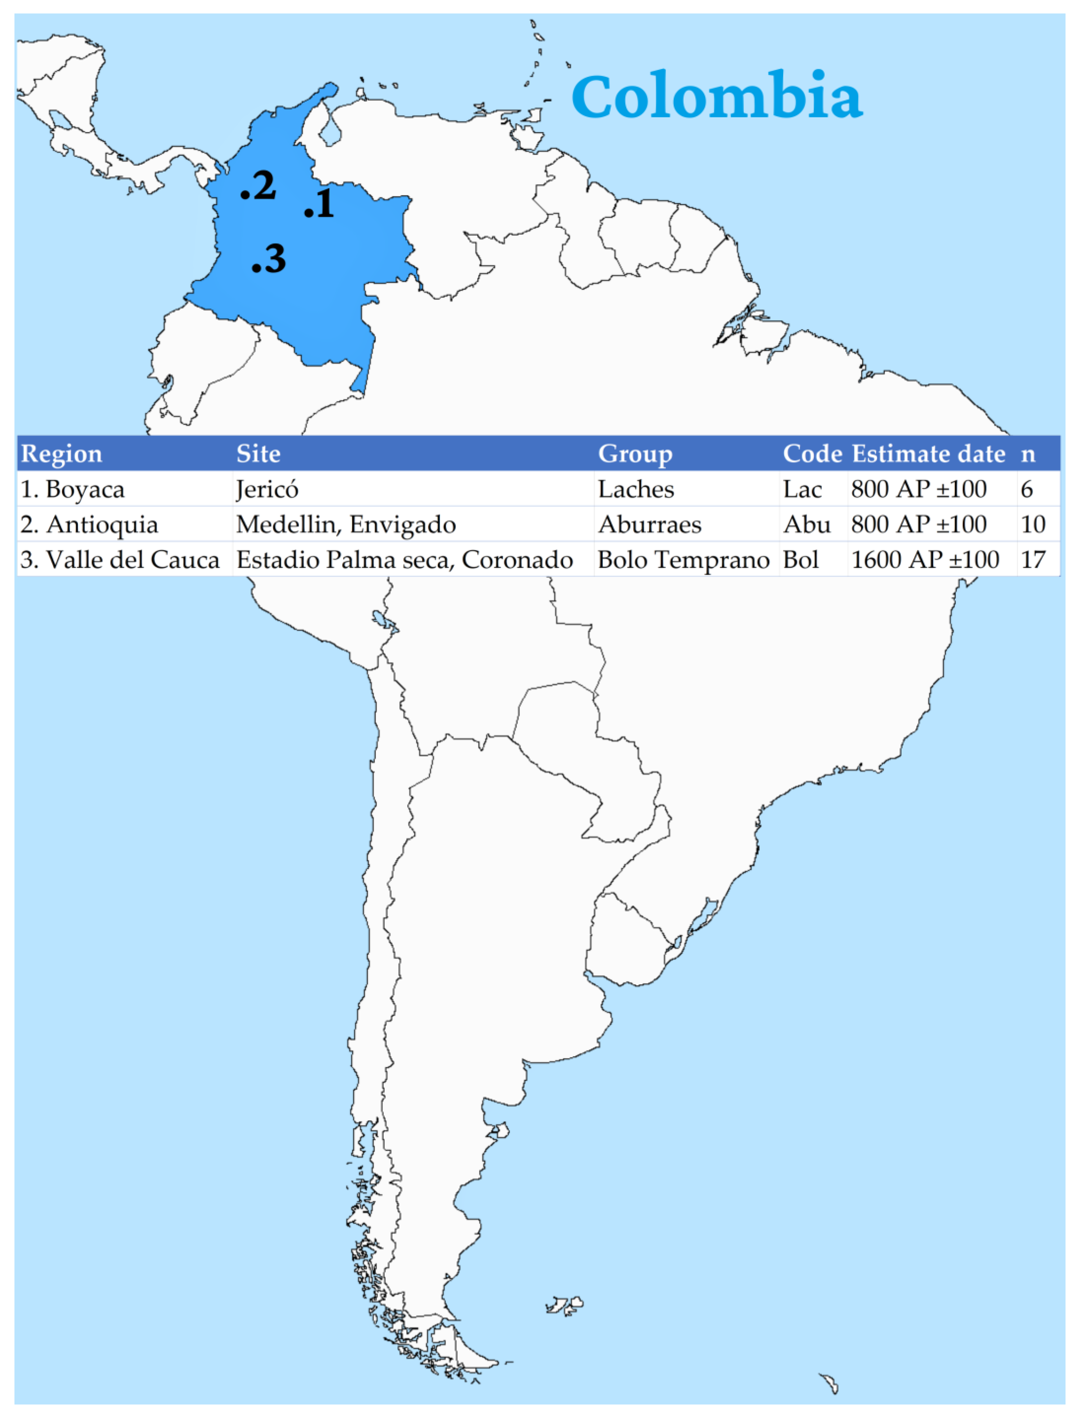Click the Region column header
62,454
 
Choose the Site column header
258,454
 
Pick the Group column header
635,454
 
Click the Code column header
812,454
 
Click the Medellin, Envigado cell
346,525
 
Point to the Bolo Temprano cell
683,560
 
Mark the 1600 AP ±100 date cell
925,560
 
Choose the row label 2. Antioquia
89,525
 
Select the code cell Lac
802,490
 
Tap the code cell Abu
807,525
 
